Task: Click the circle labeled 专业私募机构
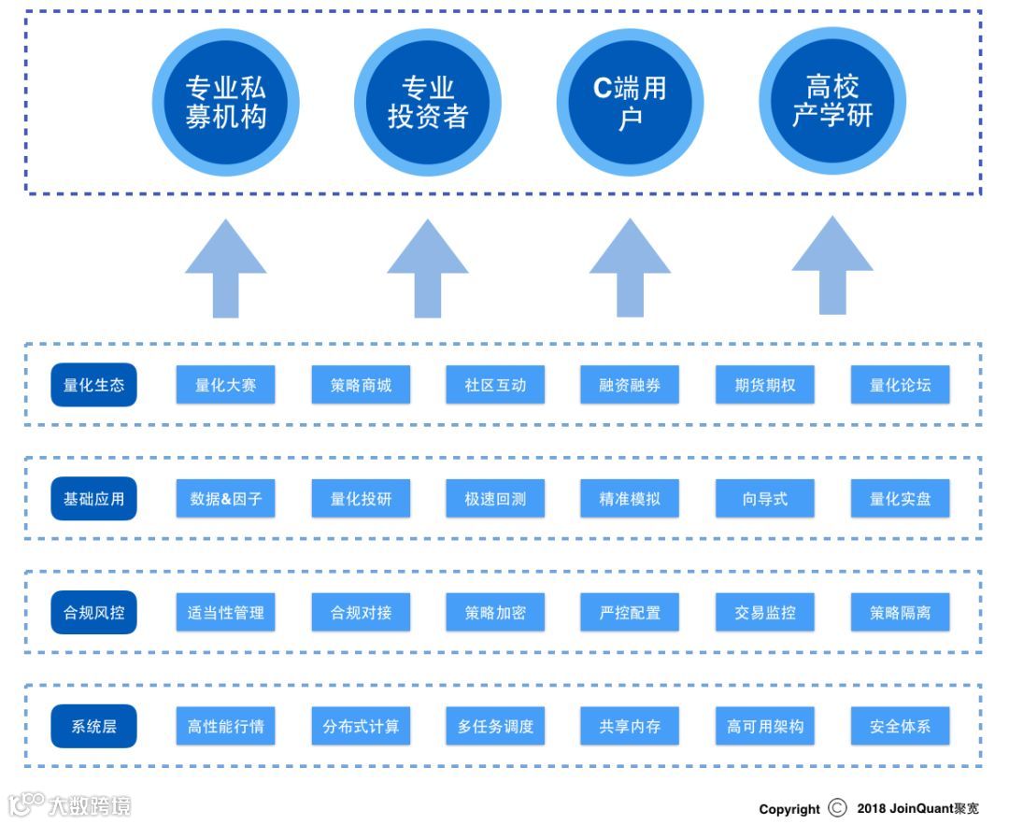[x=225, y=102]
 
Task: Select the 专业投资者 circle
[x=427, y=102]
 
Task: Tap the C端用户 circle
[x=630, y=102]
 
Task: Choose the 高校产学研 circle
[x=831, y=102]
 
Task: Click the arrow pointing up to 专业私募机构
[x=225, y=271]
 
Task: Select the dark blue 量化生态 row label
[x=93, y=385]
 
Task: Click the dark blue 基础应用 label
[x=93, y=499]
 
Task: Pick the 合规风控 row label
[x=93, y=613]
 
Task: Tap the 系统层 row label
[x=93, y=726]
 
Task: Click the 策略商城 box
[x=361, y=385]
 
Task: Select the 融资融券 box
[x=630, y=385]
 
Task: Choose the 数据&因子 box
[x=225, y=499]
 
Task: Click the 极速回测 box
[x=495, y=499]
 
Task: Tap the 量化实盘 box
[x=900, y=499]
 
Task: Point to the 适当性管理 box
[x=225, y=613]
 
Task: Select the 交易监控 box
[x=764, y=613]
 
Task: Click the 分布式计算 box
[x=361, y=726]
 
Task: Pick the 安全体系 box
[x=900, y=726]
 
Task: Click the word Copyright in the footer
[x=789, y=809]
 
